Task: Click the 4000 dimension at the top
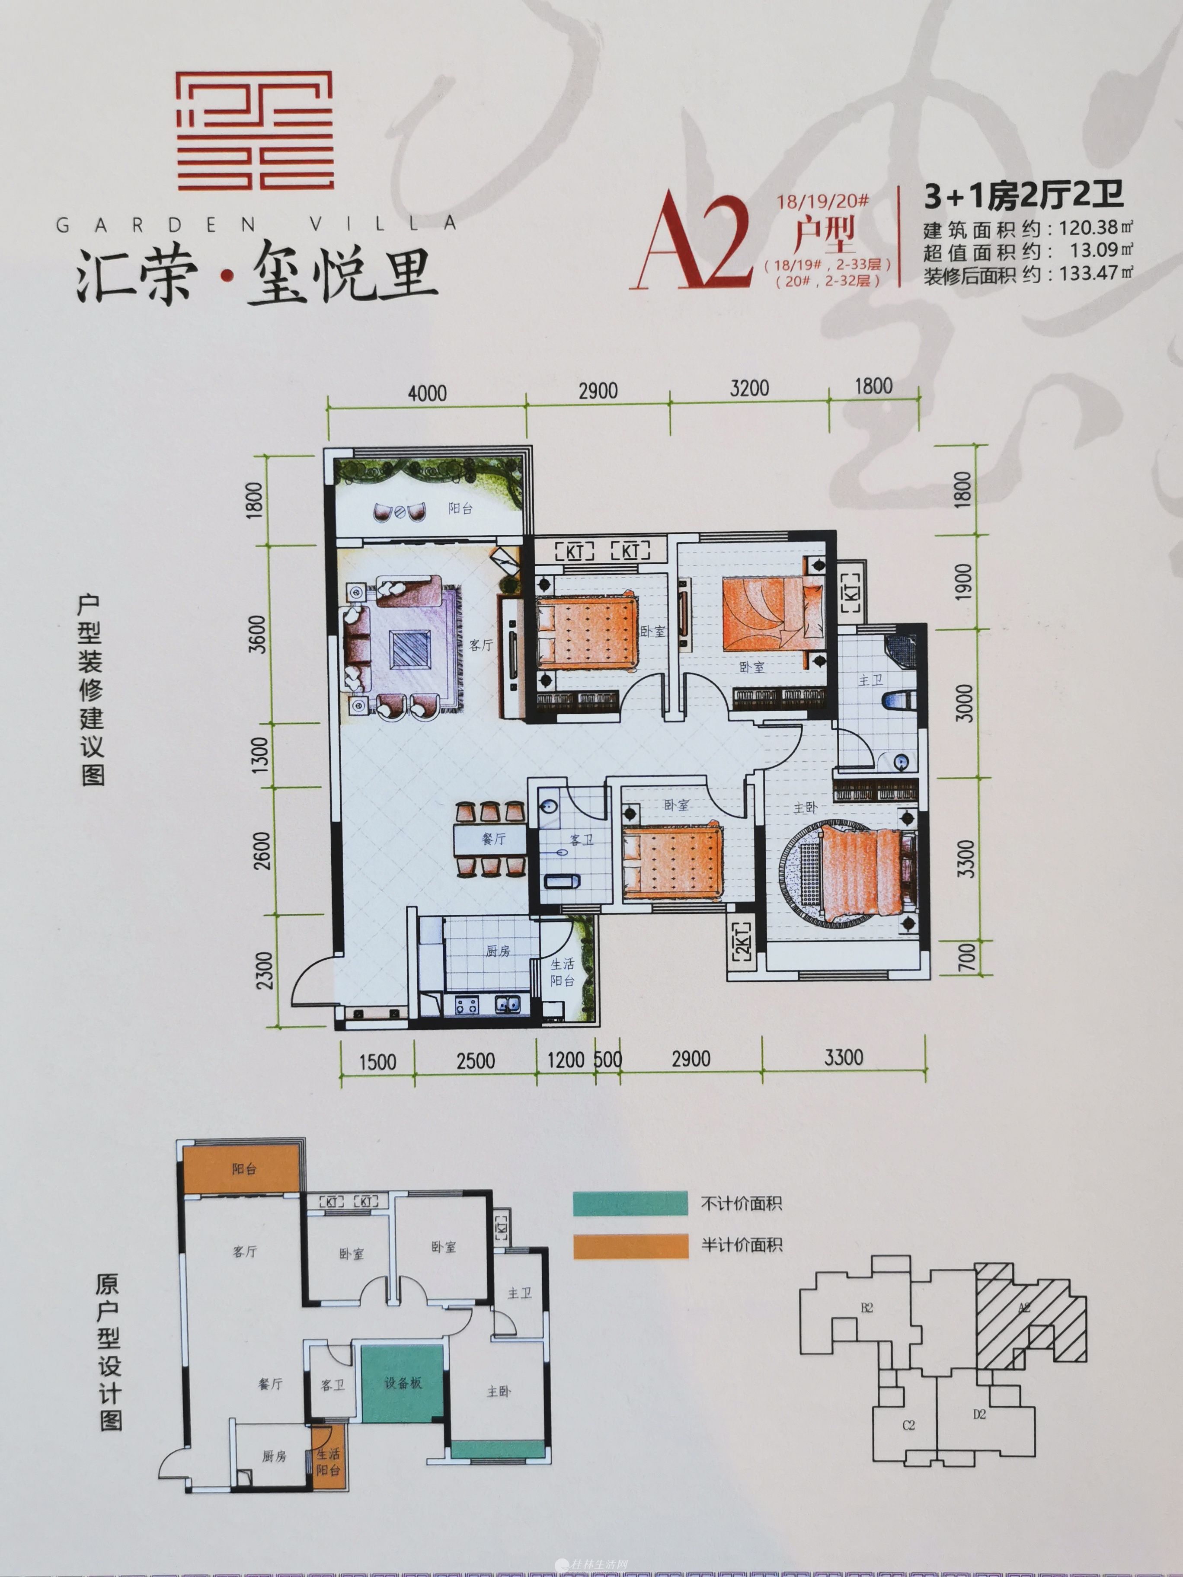(x=427, y=393)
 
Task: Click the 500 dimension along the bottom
(x=607, y=1060)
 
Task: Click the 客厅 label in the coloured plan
(x=481, y=645)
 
